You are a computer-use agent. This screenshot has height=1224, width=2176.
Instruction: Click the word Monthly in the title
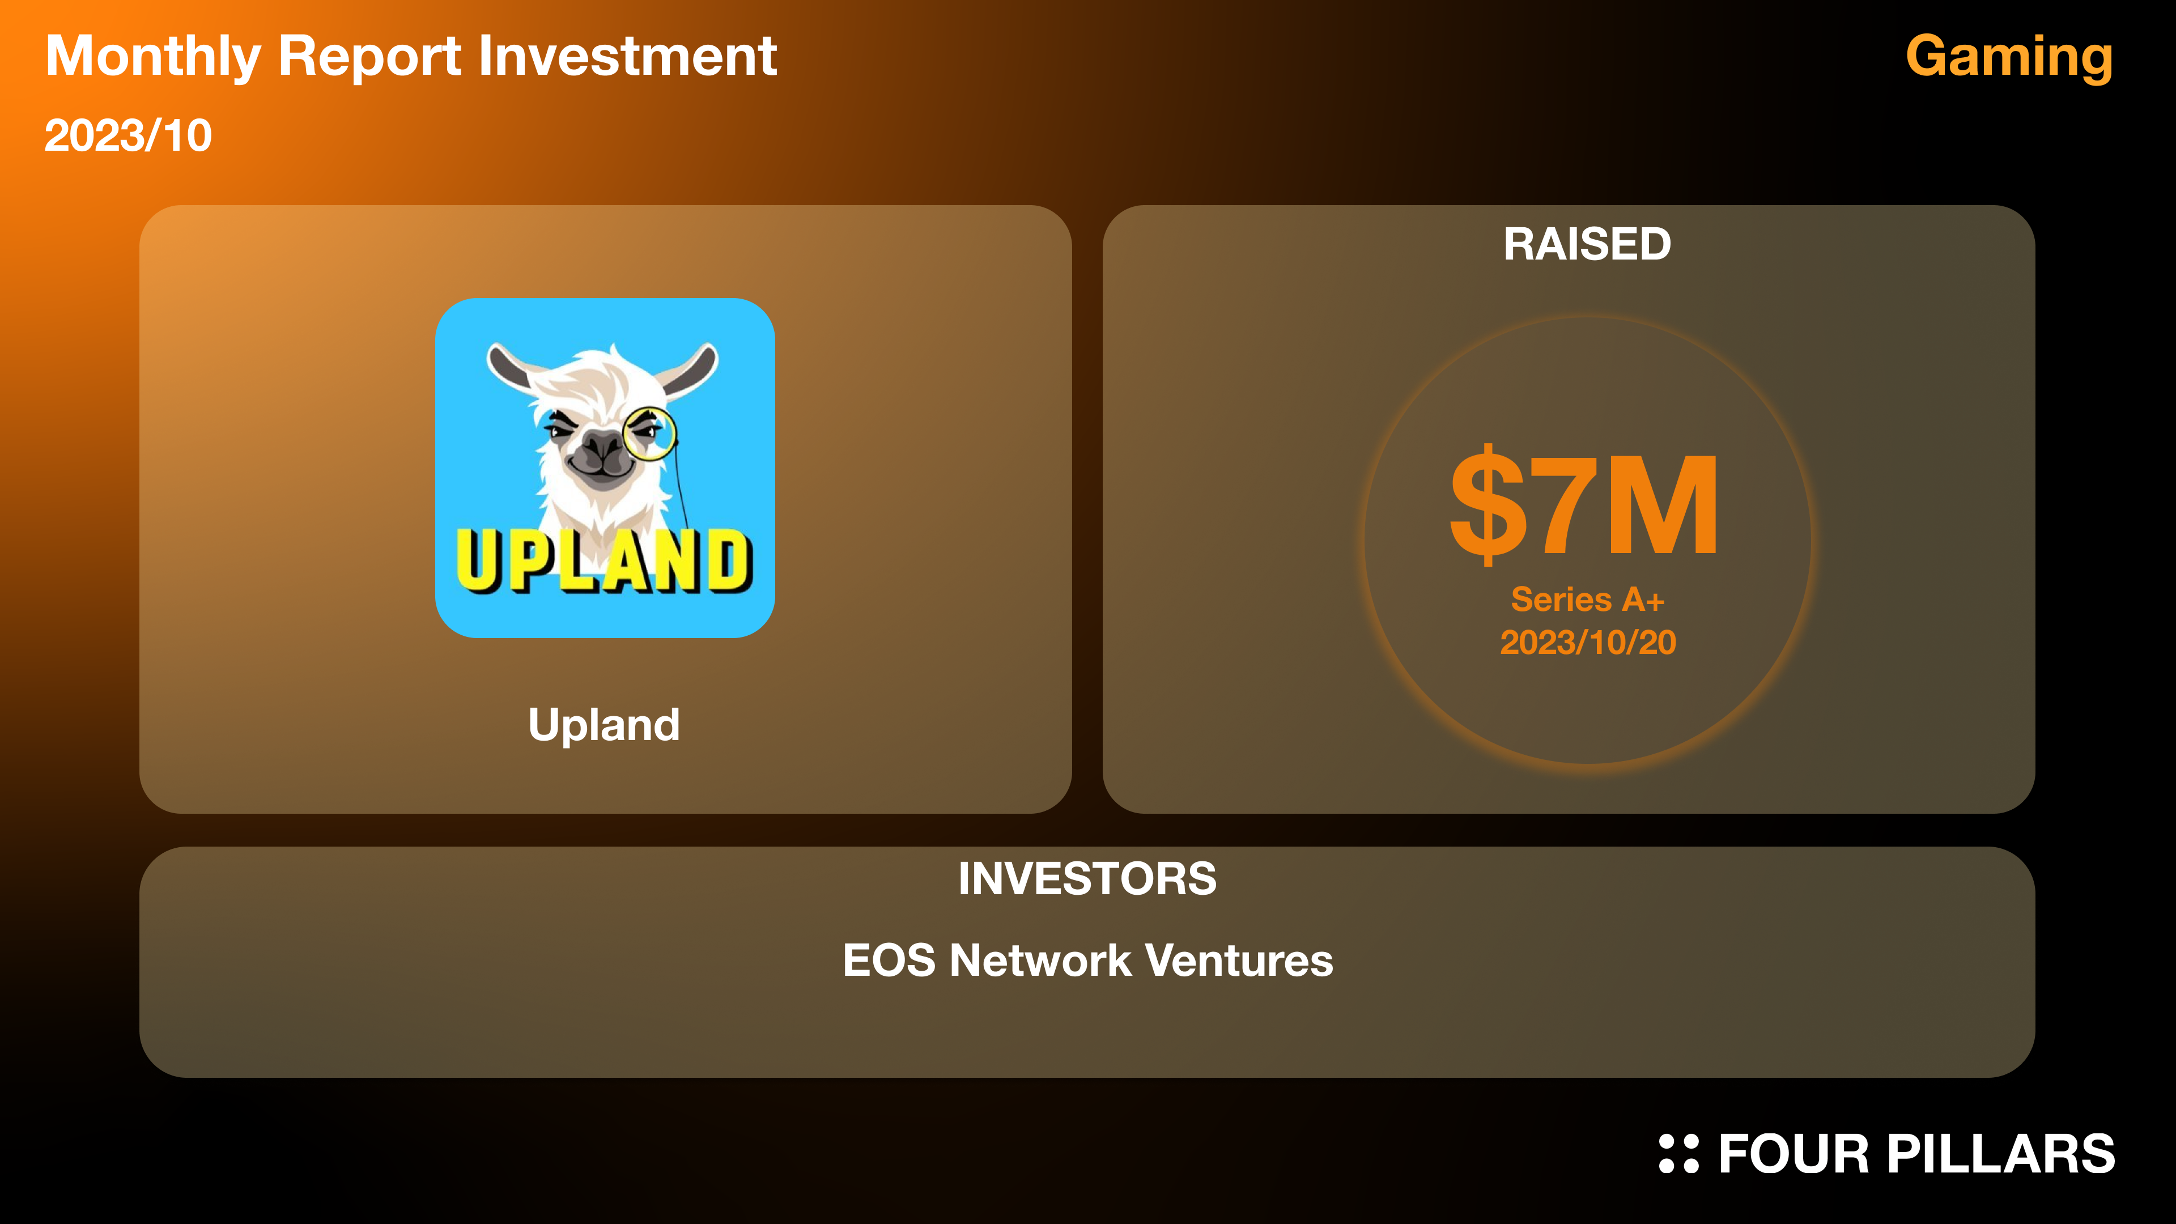[153, 57]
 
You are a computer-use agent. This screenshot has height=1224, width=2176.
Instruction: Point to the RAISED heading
[1587, 244]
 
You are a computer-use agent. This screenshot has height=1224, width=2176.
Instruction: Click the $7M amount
[1584, 504]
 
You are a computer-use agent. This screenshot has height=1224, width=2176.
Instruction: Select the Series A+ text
[1587, 599]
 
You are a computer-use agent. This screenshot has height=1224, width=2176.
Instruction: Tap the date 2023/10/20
[1588, 642]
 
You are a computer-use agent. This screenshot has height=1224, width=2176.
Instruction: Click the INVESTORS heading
[1087, 878]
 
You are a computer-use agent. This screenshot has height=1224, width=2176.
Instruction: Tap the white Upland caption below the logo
[604, 725]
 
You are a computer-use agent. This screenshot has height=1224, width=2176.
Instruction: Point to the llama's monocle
[649, 433]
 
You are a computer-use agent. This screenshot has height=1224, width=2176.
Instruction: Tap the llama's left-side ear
[511, 367]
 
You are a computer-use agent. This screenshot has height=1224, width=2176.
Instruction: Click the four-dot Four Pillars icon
[1678, 1154]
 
